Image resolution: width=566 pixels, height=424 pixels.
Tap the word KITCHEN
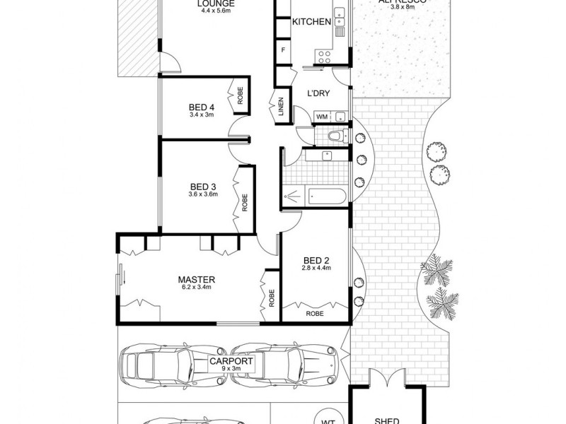pos(311,22)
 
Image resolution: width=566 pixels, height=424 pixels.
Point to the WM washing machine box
pos(321,116)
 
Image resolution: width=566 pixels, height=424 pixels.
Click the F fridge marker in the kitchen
pos(283,49)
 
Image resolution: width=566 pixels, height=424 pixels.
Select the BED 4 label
pos(202,107)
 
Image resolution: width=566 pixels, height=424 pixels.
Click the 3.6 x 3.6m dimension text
pos(202,194)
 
